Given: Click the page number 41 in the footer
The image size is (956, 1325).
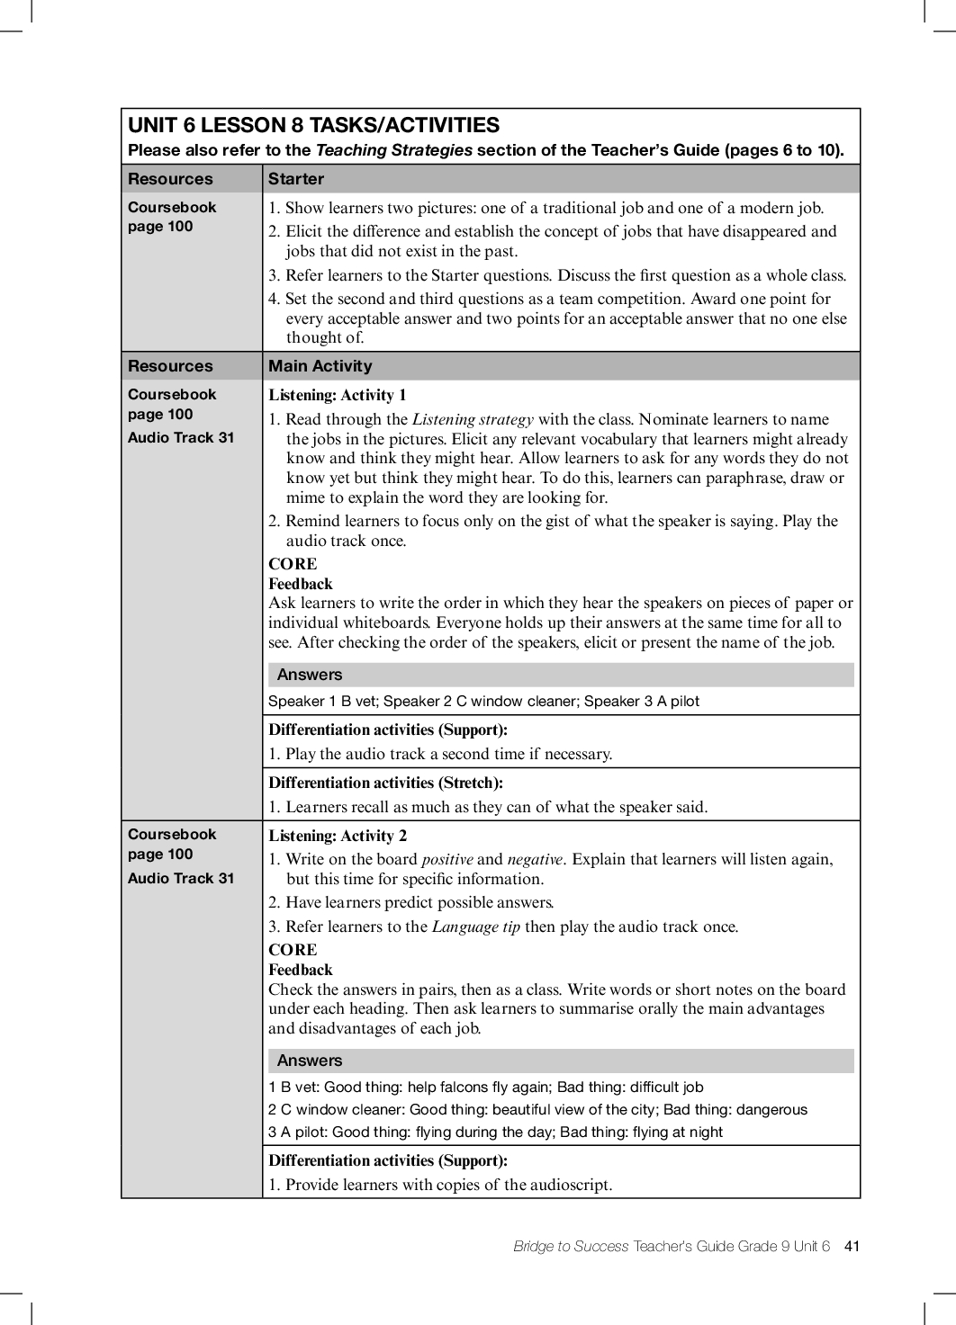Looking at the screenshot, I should [x=852, y=1246].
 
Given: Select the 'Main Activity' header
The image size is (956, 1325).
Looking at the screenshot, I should [x=320, y=366].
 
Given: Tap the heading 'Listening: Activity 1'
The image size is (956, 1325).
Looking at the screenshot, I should [x=338, y=395].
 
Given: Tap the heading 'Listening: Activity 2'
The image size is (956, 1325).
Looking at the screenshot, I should [x=338, y=836].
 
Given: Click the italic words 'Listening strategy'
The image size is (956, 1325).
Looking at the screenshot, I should [x=473, y=419].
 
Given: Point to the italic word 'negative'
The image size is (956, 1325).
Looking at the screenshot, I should [x=535, y=859].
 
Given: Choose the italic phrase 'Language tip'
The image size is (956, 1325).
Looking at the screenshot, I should [x=476, y=927].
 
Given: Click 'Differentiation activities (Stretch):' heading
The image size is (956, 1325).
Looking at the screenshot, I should [x=385, y=783].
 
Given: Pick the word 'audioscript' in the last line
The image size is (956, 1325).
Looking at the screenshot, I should [x=570, y=1185].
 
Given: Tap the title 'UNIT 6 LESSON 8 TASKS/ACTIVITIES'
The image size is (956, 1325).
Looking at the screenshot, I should [x=313, y=125].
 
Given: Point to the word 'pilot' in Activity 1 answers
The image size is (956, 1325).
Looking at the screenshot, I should [x=681, y=702].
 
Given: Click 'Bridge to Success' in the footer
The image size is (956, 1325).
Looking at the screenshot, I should [x=571, y=1246].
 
